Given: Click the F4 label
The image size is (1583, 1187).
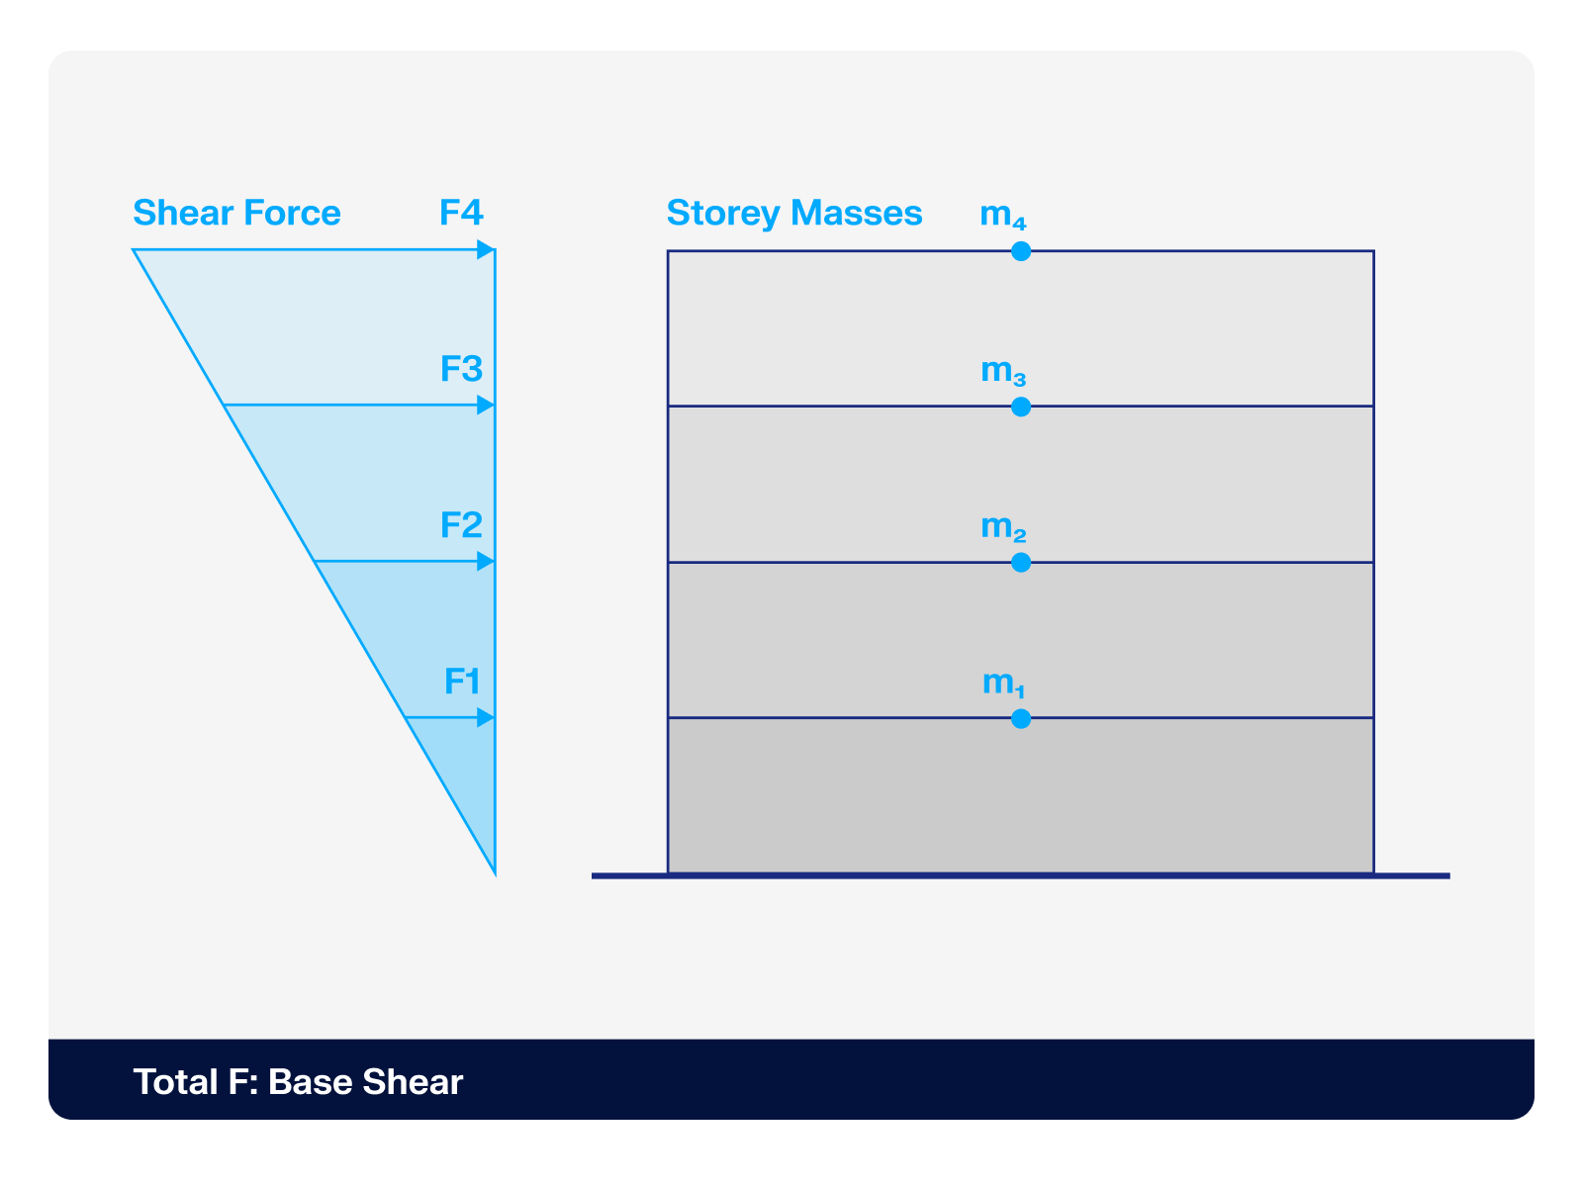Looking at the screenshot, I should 461,213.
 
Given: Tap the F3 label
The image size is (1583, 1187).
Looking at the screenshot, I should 461,369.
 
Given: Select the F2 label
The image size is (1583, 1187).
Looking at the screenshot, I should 461,524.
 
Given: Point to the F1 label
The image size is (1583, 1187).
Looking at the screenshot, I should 462,681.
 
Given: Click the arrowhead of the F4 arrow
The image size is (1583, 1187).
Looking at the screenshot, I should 486,250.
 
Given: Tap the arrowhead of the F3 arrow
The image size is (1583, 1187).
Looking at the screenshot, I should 486,406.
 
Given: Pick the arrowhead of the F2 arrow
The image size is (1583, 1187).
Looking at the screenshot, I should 486,562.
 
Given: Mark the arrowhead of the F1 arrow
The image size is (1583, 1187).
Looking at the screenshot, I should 486,717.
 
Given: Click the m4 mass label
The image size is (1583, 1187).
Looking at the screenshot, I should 1003,215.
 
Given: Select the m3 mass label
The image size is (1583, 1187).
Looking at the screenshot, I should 1003,371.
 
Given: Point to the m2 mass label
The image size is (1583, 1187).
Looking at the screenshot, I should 1003,527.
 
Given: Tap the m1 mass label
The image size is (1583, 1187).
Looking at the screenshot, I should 1003,683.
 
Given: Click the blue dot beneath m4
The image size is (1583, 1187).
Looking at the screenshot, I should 1021,251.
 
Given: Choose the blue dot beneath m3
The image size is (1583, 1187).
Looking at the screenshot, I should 1021,407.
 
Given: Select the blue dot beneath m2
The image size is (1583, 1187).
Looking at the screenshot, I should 1021,563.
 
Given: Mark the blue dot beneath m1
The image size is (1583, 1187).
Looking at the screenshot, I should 1021,718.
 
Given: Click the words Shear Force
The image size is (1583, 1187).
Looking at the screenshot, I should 236,213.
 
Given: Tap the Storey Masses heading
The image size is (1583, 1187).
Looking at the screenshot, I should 794,213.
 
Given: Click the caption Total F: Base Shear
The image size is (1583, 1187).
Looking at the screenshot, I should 298,1081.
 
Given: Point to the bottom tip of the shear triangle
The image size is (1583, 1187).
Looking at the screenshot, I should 494,872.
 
